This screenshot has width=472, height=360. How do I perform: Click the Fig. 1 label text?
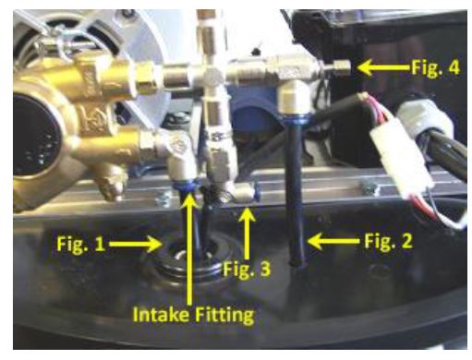point(80,245)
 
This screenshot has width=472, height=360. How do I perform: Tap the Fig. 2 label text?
point(388,240)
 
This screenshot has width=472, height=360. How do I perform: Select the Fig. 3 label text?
point(247,269)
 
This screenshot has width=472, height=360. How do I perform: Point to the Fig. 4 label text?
point(436,67)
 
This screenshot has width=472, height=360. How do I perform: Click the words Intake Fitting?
point(194,315)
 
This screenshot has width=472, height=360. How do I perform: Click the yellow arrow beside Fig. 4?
point(384,67)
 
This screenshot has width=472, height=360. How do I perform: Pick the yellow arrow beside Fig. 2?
point(334,241)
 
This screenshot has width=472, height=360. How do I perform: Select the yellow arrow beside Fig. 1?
point(136,245)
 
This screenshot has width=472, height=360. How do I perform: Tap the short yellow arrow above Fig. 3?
point(246,234)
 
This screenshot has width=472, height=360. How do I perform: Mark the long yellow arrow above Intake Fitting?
point(191,248)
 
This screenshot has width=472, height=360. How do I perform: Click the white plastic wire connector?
point(402,157)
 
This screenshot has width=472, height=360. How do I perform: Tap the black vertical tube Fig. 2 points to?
point(295,192)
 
